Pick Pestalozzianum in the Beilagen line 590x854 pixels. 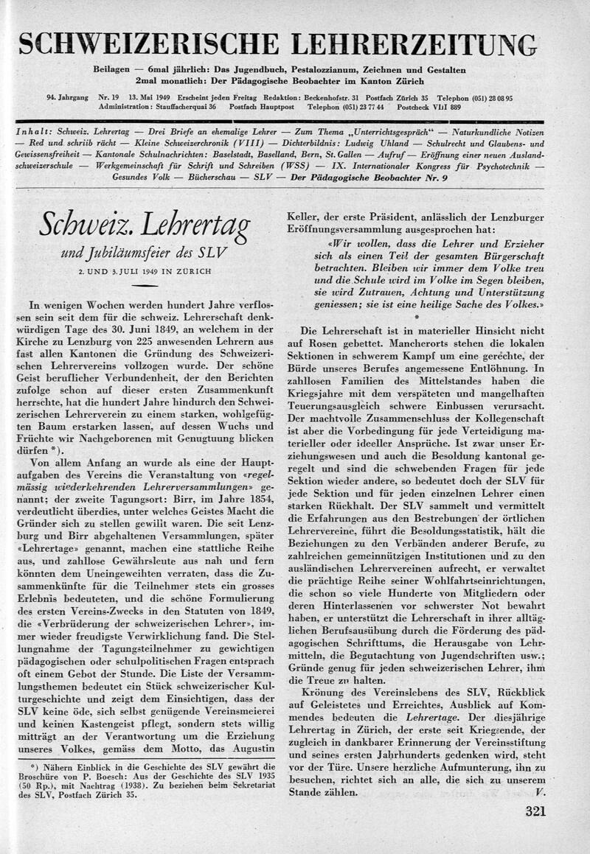338,70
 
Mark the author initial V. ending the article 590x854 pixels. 541,793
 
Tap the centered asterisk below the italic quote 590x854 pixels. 416,315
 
